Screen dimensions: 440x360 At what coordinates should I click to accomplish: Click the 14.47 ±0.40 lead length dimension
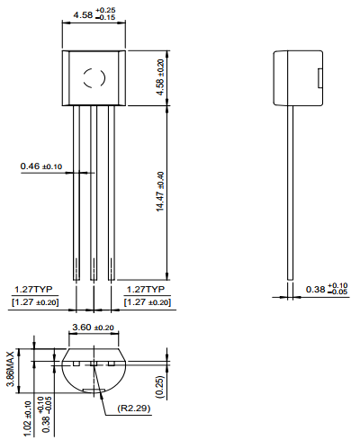pos(160,190)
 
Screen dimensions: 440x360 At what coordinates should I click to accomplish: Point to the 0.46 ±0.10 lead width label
pos(40,166)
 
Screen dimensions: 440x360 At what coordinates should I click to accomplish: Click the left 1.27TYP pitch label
pos(33,290)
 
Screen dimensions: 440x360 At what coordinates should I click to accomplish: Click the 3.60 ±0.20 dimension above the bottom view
pos(93,328)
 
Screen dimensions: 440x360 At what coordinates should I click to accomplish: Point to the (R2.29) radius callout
pos(134,409)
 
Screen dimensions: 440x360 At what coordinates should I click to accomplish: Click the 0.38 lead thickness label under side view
pos(325,289)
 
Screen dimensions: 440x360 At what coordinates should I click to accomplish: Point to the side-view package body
pos(296,77)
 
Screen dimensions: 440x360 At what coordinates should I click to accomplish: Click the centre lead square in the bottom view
pos(93,363)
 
